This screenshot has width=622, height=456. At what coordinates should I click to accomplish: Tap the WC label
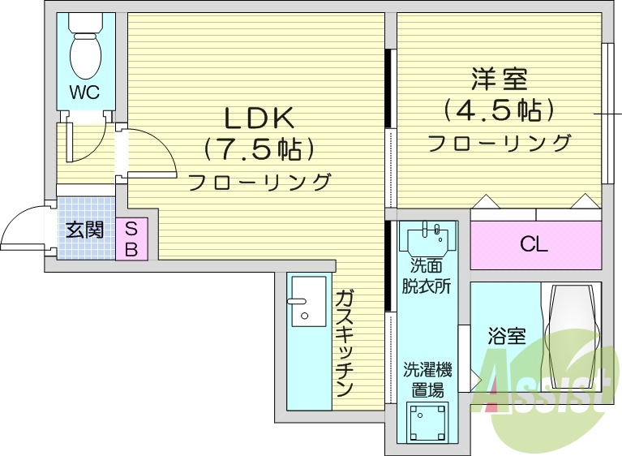click(x=84, y=92)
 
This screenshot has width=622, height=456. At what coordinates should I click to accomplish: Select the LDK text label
click(x=258, y=118)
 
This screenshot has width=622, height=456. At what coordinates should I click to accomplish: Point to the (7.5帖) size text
click(x=259, y=149)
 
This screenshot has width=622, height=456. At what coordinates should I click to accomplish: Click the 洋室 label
click(x=500, y=80)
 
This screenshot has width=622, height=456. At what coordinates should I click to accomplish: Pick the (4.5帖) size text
click(x=499, y=110)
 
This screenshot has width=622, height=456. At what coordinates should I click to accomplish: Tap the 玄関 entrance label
click(x=84, y=230)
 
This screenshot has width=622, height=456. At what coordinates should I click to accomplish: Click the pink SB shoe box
click(x=131, y=239)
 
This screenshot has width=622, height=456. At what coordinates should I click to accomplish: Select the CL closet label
click(x=534, y=244)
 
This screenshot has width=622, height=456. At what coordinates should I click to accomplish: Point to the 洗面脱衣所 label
click(x=427, y=276)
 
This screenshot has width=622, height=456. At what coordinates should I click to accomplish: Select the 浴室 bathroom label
click(x=507, y=335)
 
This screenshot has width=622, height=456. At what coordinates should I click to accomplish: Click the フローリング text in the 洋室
click(x=499, y=144)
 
